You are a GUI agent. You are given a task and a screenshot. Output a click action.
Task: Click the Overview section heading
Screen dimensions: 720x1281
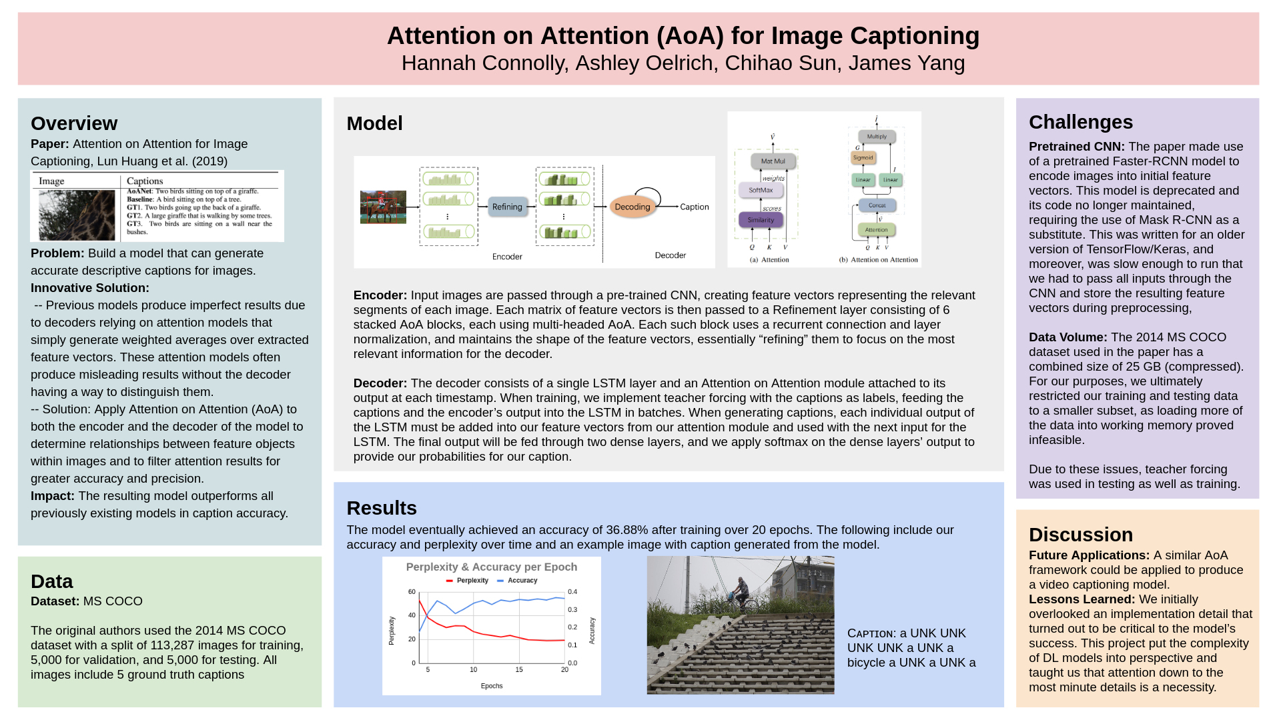pos(74,123)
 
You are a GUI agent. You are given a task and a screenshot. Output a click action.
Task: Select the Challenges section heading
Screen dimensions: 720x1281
pos(1080,122)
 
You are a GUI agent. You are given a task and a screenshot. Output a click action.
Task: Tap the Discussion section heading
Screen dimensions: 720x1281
pos(1080,535)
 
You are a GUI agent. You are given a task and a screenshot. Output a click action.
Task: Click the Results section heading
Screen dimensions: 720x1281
pos(382,508)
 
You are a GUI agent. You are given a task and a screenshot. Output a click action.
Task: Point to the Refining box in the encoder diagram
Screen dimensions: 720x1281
pos(507,207)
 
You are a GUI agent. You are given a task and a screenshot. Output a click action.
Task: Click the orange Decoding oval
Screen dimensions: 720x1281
pos(632,207)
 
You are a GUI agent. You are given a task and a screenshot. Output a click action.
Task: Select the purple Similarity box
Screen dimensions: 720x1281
pos(761,219)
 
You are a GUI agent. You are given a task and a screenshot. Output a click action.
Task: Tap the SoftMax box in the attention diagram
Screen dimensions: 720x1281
pos(761,190)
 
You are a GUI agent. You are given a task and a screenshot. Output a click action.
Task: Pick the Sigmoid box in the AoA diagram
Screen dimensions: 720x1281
pos(863,158)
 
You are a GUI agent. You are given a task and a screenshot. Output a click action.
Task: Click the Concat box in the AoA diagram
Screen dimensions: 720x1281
pos(877,205)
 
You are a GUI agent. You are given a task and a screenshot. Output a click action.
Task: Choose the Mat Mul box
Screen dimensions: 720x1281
pos(773,161)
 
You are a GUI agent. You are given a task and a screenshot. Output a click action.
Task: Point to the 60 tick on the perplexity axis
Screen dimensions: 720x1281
pos(412,592)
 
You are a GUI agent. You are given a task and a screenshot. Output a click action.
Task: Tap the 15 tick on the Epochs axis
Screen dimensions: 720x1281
pos(519,669)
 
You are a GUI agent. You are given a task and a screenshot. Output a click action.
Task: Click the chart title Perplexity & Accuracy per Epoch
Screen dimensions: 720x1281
pos(492,567)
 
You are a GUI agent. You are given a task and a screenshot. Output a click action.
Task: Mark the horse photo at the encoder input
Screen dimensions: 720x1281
pos(383,207)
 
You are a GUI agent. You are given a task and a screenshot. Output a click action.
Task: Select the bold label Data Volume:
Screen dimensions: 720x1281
pos(1067,337)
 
